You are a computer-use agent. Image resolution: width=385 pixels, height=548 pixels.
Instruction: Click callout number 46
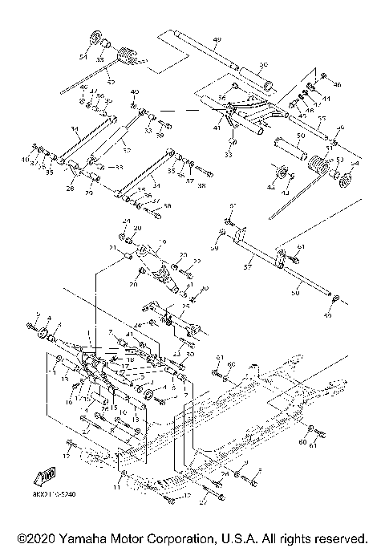[337, 84]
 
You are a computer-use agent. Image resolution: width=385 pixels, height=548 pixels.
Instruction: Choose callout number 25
[185, 306]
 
